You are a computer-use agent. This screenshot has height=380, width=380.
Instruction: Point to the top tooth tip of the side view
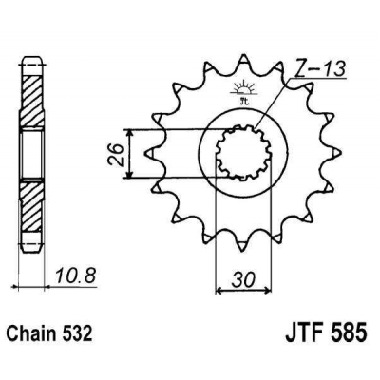[33, 49]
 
